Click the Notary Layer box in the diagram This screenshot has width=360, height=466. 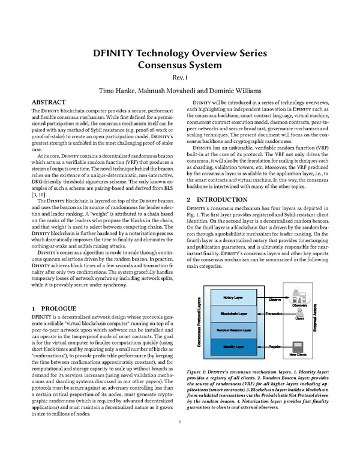pos(233,298)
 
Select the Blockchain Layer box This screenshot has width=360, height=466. pos(233,314)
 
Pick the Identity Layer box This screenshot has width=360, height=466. pos(233,347)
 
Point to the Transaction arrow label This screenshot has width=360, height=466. pos(274,314)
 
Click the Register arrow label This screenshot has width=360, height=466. pos(274,347)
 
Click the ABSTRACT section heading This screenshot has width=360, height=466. pos(48,103)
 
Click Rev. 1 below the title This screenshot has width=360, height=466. pos(180,77)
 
